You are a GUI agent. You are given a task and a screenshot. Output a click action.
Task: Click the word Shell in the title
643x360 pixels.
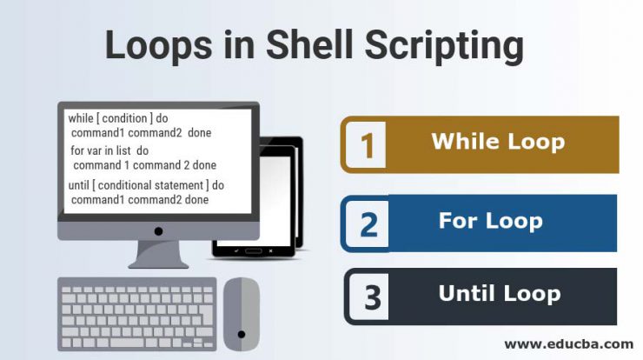pyautogui.click(x=309, y=44)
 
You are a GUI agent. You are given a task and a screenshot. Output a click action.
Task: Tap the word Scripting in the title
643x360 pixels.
pyautogui.click(x=444, y=47)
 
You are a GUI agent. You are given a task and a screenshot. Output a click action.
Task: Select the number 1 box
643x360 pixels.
pyautogui.click(x=366, y=144)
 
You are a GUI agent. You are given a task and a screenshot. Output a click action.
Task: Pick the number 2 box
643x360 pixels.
pyautogui.click(x=368, y=223)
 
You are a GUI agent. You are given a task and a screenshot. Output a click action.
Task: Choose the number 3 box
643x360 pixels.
pyautogui.click(x=370, y=297)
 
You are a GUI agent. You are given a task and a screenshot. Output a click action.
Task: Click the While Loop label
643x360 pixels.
pyautogui.click(x=498, y=142)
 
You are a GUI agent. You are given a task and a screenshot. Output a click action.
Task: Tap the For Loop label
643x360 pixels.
pyautogui.click(x=490, y=221)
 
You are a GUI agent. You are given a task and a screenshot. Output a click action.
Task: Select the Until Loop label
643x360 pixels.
pyautogui.click(x=500, y=294)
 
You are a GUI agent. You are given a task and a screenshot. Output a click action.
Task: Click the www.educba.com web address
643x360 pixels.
pyautogui.click(x=569, y=344)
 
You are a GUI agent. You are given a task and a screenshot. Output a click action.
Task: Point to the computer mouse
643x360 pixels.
pyautogui.click(x=242, y=315)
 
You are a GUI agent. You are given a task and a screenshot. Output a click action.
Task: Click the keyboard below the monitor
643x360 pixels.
pyautogui.click(x=137, y=315)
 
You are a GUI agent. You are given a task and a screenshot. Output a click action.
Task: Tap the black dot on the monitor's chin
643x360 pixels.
pyautogui.click(x=158, y=231)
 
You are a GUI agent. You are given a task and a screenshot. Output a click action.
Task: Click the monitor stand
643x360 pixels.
pyautogui.click(x=158, y=255)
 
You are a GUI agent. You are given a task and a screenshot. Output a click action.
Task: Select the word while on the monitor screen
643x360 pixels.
pyautogui.click(x=81, y=118)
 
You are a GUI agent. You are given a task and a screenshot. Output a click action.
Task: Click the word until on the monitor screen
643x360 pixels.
pyautogui.click(x=79, y=185)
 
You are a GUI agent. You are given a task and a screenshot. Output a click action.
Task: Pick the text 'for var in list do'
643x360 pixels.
pyautogui.click(x=109, y=150)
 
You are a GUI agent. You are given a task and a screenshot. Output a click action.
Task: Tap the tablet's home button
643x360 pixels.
pyautogui.click(x=253, y=250)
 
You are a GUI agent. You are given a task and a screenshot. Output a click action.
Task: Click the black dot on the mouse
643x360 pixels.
pyautogui.click(x=242, y=335)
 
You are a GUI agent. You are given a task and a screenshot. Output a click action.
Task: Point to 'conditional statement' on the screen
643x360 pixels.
pyautogui.click(x=150, y=185)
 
